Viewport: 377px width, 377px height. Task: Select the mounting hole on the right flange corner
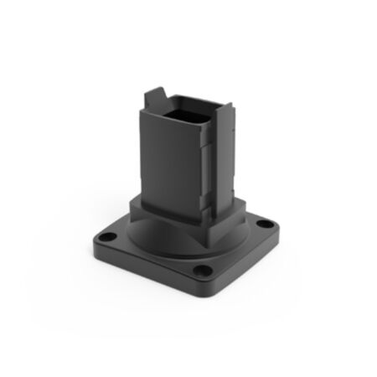coord(266,225)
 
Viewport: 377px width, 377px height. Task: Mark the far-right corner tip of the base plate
coord(281,225)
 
